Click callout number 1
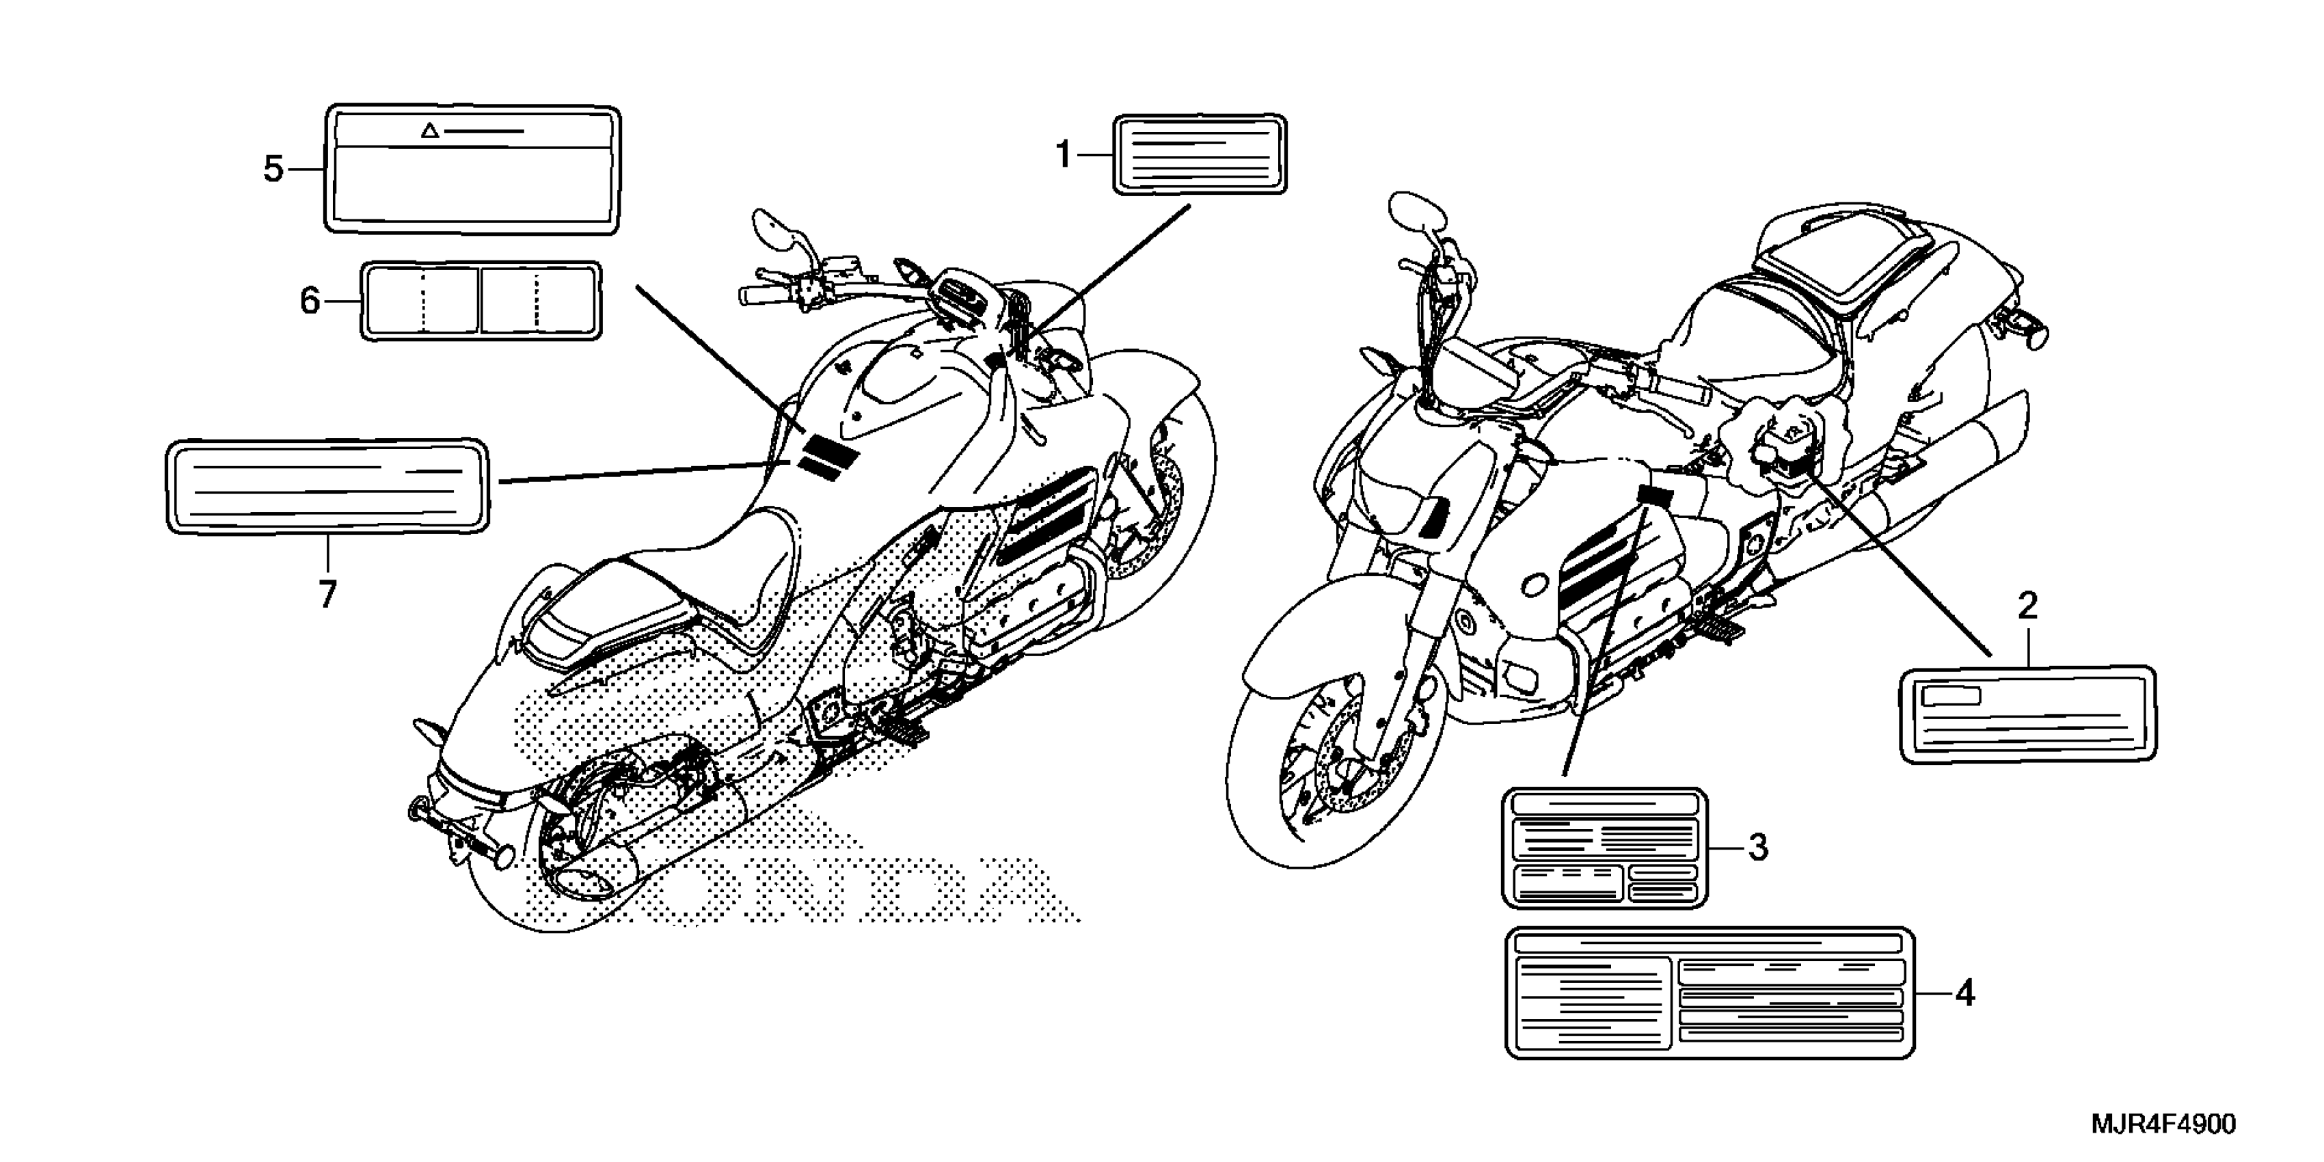click(1064, 155)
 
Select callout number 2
click(2027, 606)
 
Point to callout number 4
click(1965, 993)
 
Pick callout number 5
click(273, 169)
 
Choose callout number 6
click(310, 301)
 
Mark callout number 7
click(327, 593)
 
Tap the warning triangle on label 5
click(431, 132)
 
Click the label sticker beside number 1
click(1200, 154)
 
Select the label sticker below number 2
click(2028, 714)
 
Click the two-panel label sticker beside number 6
click(481, 301)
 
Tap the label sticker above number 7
click(327, 486)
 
